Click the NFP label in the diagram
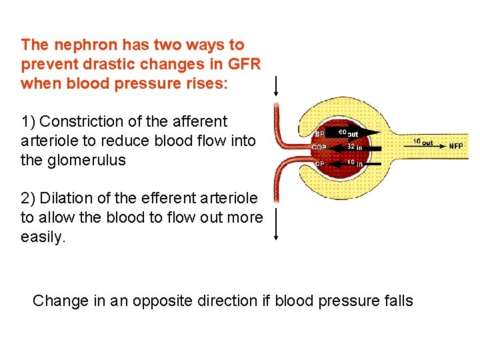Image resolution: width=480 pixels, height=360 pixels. point(456,147)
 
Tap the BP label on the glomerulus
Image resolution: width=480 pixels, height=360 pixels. point(320,133)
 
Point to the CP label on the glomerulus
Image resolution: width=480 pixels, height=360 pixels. point(320,163)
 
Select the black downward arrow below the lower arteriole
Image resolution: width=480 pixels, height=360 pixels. point(276,223)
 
